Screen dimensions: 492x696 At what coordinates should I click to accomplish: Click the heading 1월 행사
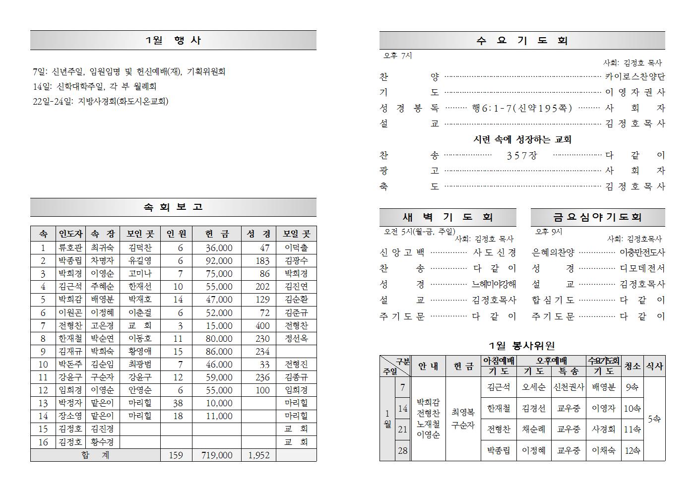[x=173, y=40]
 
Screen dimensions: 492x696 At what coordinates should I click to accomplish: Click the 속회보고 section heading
[x=173, y=207]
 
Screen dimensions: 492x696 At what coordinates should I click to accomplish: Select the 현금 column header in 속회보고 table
[x=217, y=234]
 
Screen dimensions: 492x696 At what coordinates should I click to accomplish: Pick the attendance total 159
[x=176, y=455]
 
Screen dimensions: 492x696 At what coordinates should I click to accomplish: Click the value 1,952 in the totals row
[x=258, y=455]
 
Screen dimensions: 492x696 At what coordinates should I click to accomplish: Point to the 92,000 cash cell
[x=219, y=260]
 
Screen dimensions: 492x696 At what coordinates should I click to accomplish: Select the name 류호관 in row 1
[x=70, y=247]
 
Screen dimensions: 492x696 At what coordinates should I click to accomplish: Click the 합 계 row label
[x=95, y=455]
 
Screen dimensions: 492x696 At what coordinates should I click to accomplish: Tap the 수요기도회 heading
[x=522, y=41]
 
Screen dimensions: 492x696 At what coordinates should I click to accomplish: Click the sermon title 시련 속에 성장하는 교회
[x=522, y=139]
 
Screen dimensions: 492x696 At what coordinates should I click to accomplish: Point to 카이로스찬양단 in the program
[x=635, y=76]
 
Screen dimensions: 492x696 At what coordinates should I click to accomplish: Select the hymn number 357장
[x=522, y=155]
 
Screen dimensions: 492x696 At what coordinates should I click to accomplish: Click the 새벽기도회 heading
[x=447, y=217]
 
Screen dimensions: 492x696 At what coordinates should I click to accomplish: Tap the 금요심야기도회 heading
[x=597, y=217]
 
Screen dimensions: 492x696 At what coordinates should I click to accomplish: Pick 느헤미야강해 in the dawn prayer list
[x=494, y=284]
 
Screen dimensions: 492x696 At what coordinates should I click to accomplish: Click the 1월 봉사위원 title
[x=522, y=346]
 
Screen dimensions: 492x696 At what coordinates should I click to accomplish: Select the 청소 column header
[x=632, y=366]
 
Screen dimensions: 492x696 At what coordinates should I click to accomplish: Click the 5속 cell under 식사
[x=654, y=419]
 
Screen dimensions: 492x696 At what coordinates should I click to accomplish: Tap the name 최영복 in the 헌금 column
[x=463, y=412]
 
